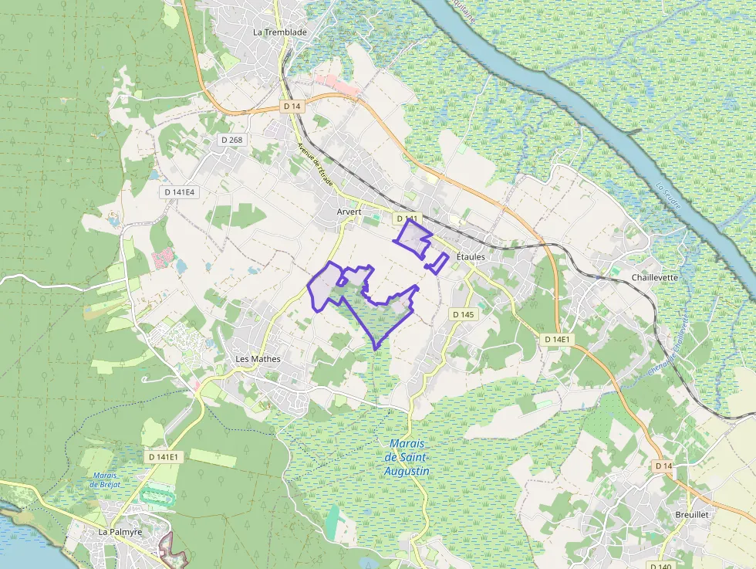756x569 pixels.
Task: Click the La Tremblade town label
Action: coord(280,32)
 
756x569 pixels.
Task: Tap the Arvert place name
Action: coord(349,211)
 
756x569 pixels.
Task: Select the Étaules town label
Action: coord(471,256)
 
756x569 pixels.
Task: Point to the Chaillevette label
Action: coord(654,277)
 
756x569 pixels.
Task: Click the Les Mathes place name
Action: coord(258,359)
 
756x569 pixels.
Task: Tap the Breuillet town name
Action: coord(690,513)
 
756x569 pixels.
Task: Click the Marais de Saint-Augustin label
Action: coord(407,457)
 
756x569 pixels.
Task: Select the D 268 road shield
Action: coord(231,140)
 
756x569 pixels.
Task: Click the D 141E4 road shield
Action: coord(179,191)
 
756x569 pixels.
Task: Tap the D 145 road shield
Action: coord(463,314)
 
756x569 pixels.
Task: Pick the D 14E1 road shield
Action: coord(556,339)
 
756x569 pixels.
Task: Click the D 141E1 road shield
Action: coord(164,457)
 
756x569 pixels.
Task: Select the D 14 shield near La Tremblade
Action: coord(291,105)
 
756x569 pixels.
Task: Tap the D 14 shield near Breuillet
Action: coord(663,466)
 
